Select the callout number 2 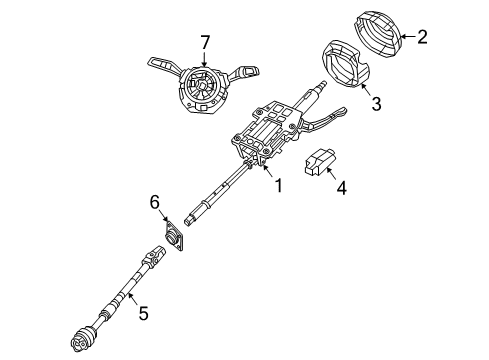tap(422, 39)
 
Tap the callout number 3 tap(377, 102)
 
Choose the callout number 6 tap(155, 203)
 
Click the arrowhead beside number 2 tap(404, 38)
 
